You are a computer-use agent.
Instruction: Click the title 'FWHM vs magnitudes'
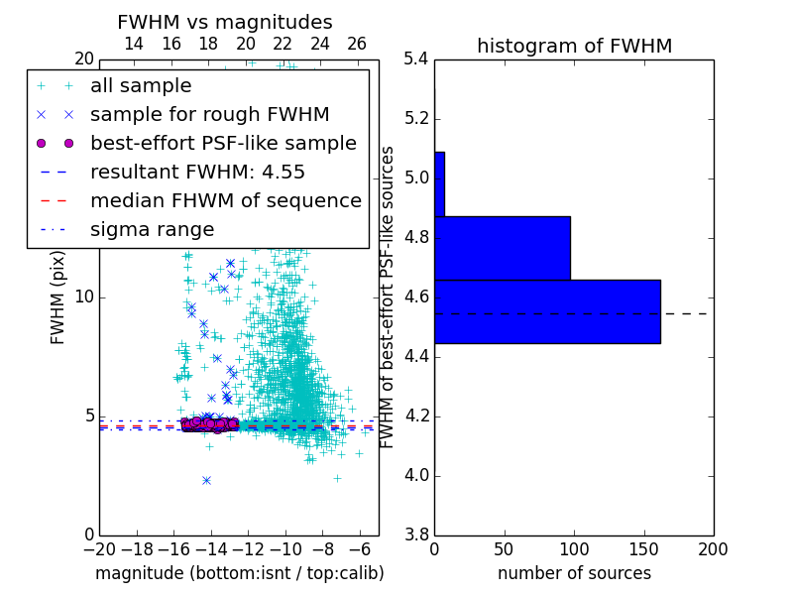(x=225, y=22)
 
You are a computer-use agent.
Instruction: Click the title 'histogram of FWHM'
(x=574, y=46)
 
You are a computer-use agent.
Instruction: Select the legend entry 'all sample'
(x=141, y=86)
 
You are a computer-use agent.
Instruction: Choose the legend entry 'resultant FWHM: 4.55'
(x=197, y=173)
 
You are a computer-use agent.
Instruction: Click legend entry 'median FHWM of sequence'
(x=225, y=201)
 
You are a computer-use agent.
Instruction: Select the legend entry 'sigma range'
(x=152, y=230)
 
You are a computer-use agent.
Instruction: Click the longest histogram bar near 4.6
(x=547, y=311)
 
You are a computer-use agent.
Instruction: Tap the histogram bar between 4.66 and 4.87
(x=502, y=248)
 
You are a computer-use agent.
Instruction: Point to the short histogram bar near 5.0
(x=439, y=183)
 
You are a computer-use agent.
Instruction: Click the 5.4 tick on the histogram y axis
(x=416, y=59)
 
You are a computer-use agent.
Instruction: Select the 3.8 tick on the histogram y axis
(x=416, y=535)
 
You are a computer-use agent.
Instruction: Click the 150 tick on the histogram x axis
(x=643, y=548)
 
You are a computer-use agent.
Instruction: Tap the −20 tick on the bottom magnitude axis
(x=99, y=548)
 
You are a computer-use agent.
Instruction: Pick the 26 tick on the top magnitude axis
(x=357, y=45)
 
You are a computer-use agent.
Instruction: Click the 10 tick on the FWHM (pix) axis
(x=85, y=297)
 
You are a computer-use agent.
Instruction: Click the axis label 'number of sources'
(x=574, y=573)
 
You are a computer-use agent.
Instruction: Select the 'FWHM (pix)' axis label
(x=57, y=297)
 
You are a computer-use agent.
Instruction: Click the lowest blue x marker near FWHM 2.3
(x=206, y=480)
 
